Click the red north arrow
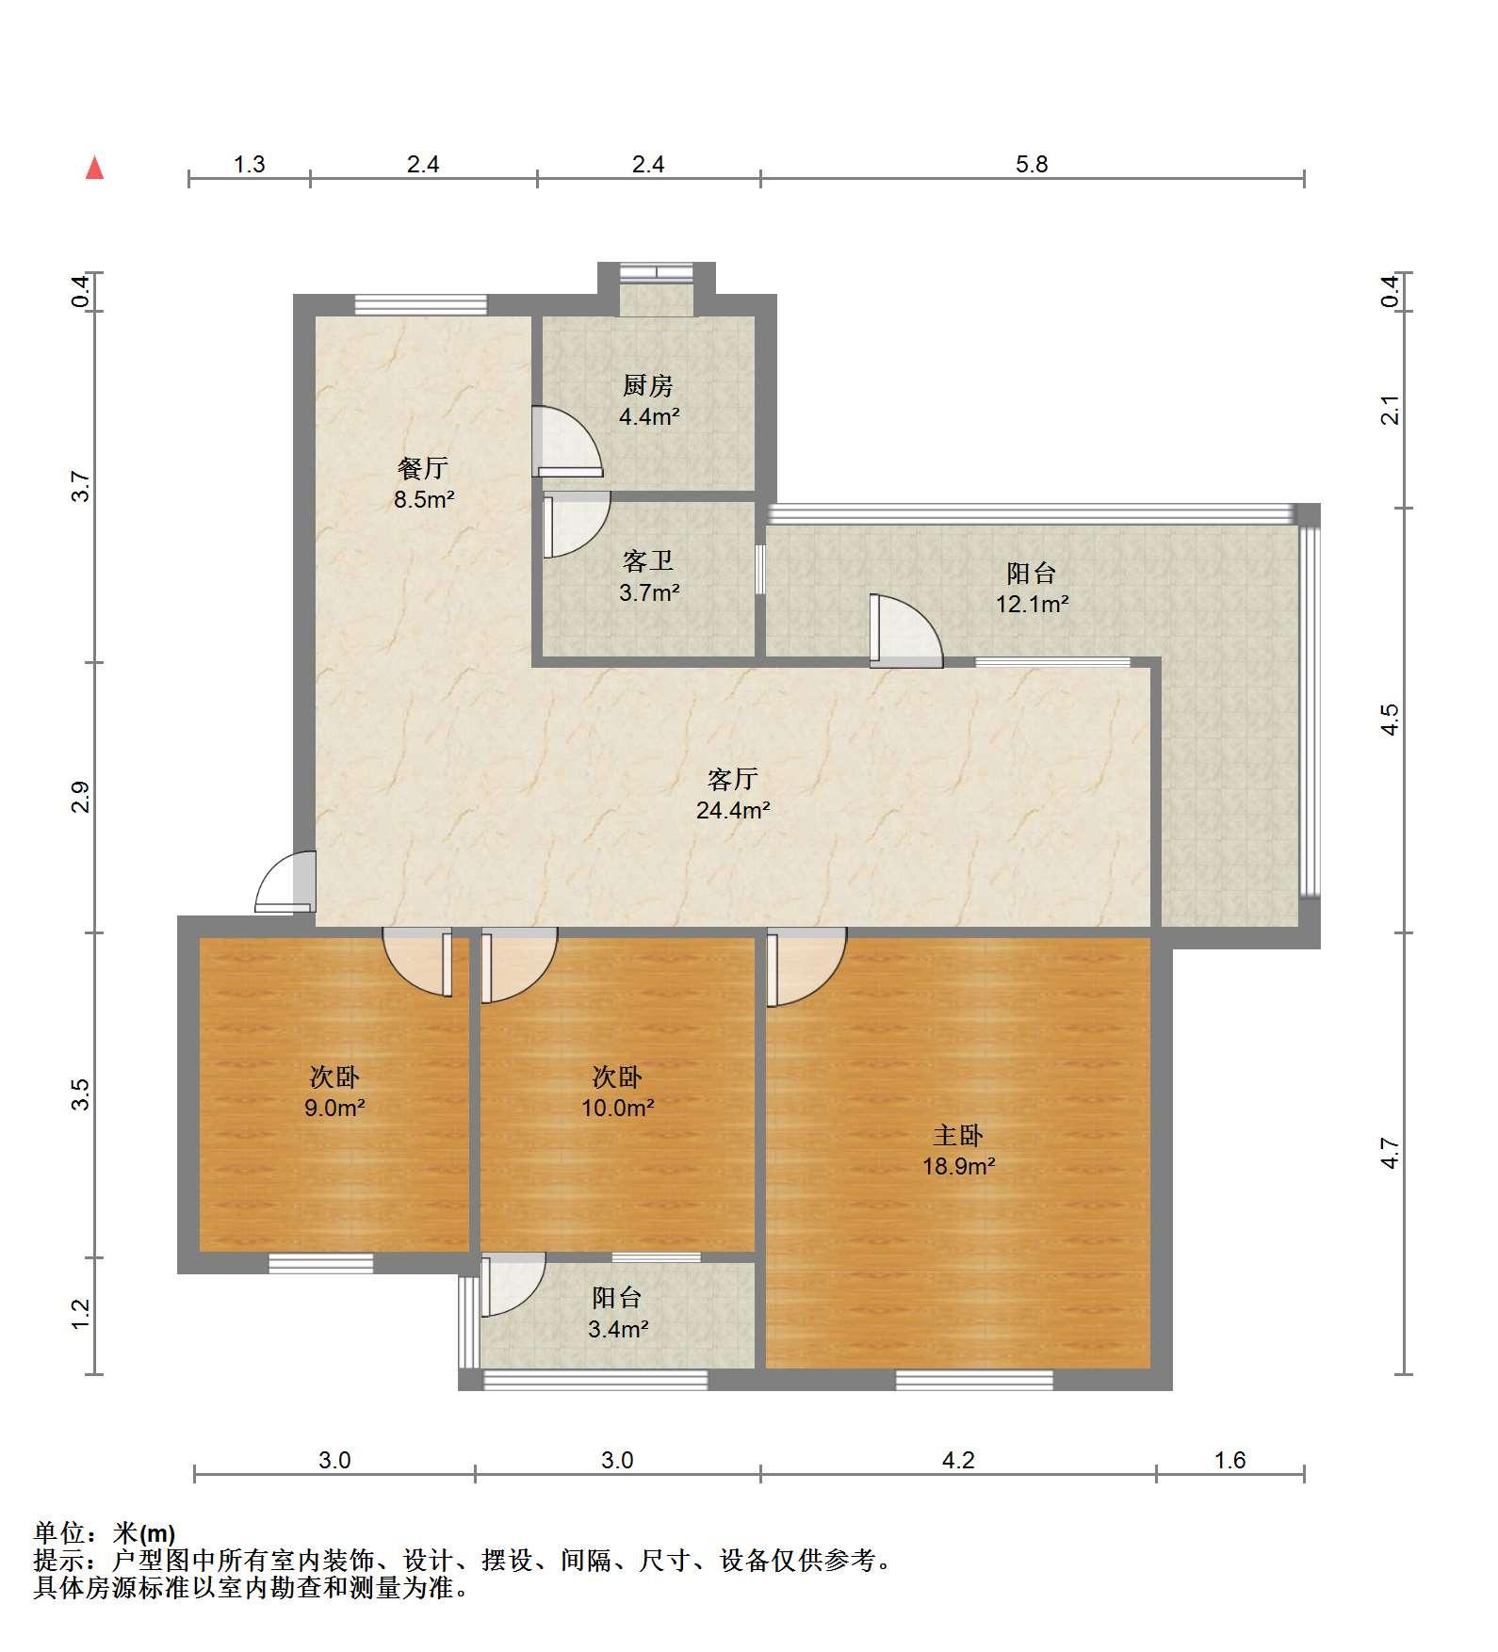(94, 168)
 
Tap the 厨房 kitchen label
(648, 385)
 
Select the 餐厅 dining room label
(423, 468)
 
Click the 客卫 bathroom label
(648, 561)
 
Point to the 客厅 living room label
(733, 779)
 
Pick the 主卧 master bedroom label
(958, 1136)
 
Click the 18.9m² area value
(958, 1166)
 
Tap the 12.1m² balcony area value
(1032, 604)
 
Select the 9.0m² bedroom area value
(334, 1108)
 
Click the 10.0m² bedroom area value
(617, 1108)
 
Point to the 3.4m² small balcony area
(617, 1329)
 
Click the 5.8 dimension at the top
(1032, 165)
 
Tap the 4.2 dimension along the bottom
(958, 1460)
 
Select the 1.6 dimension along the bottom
(1230, 1460)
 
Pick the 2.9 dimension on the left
(81, 797)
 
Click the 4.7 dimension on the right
(1391, 1153)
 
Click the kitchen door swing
(566, 441)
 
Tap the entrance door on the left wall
(285, 883)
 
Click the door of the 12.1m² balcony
(905, 631)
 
